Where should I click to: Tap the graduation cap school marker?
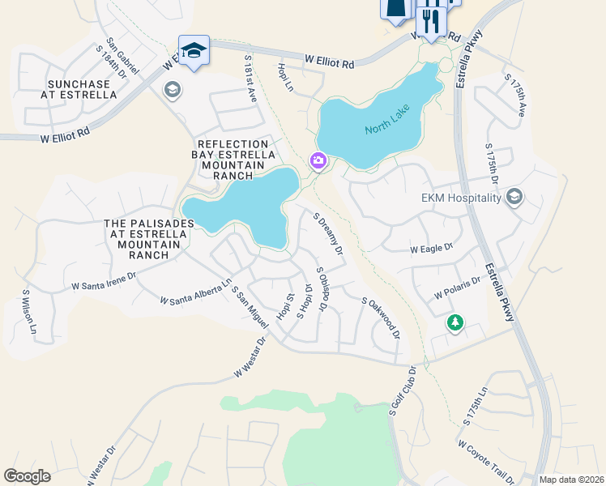point(194,51)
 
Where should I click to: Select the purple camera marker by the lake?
point(318,162)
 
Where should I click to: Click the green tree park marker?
point(455,323)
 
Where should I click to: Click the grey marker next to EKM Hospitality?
point(514,197)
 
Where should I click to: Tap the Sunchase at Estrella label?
point(83,89)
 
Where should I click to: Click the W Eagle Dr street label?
point(431,249)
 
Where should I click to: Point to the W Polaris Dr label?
point(458,288)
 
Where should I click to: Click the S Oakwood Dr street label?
point(381,318)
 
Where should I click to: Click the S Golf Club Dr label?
point(402,391)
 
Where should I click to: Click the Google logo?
point(27,476)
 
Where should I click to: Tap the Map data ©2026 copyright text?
point(571,480)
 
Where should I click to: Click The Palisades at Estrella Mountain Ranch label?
point(148,239)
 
